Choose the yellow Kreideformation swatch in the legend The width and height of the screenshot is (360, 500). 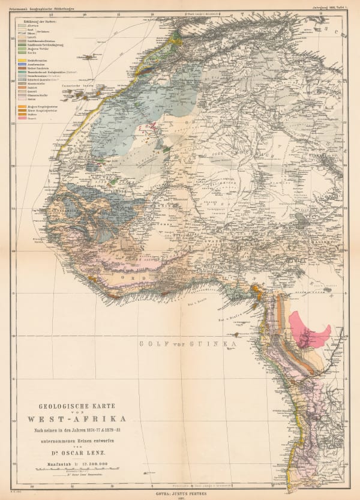[24, 61]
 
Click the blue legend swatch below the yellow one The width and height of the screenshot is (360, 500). [24, 65]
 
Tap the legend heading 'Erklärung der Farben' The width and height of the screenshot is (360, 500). [43, 20]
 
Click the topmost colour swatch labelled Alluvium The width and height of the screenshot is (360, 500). [24, 25]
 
